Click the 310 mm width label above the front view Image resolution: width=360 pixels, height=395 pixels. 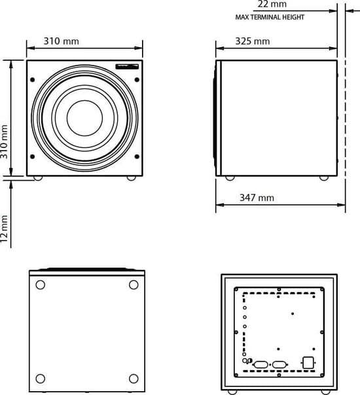click(61, 41)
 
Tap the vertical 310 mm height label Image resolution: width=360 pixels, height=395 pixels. click(5, 142)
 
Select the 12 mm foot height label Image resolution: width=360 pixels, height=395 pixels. click(5, 229)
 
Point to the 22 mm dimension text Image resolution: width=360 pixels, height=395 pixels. click(272, 4)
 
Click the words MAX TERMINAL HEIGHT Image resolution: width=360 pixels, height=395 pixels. click(270, 17)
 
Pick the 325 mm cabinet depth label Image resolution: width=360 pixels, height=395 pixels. click(253, 41)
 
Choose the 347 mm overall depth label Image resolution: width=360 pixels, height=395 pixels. click(257, 198)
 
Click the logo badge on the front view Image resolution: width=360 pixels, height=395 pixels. click(127, 67)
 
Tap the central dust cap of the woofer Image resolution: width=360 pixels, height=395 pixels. click(85, 118)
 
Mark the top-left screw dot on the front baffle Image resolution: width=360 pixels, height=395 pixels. click(33, 80)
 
